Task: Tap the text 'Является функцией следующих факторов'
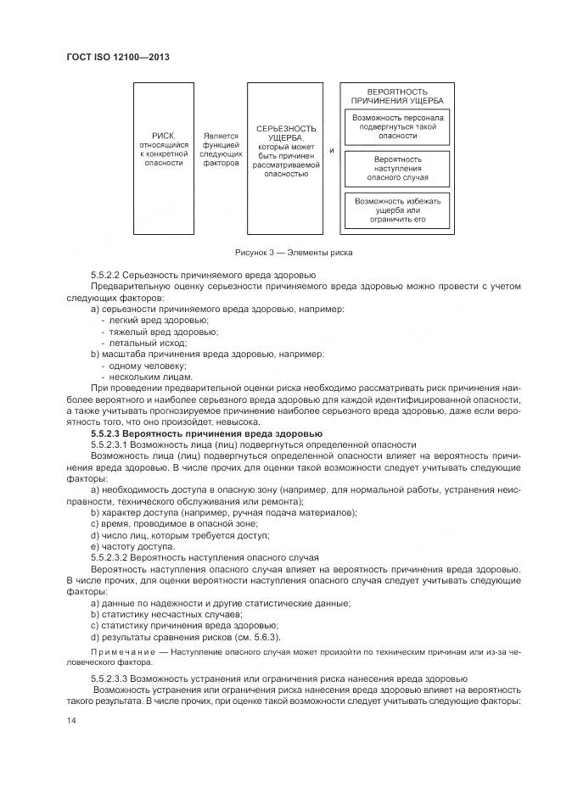tap(221, 148)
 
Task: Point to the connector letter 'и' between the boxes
tap(331, 151)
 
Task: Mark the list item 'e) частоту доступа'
tap(132, 546)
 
